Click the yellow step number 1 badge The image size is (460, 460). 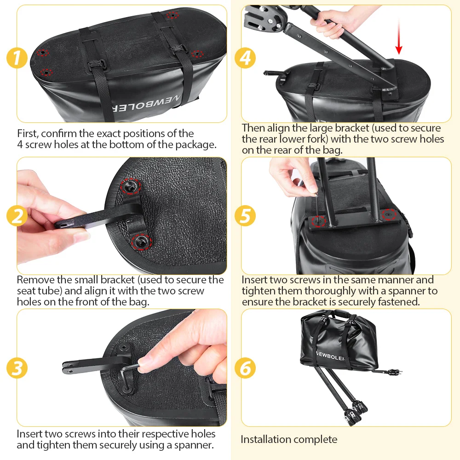(x=17, y=58)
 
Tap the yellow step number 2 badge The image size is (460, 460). (x=17, y=216)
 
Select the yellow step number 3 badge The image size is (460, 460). (x=17, y=368)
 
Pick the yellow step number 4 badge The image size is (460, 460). (x=245, y=58)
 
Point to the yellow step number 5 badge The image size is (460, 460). (x=245, y=216)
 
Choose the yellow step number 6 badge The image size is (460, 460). (x=245, y=368)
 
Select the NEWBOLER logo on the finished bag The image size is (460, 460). (x=330, y=356)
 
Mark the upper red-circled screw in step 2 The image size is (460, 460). (x=131, y=186)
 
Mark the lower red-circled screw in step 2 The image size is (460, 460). (x=141, y=242)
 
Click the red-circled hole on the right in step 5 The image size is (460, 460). (x=389, y=214)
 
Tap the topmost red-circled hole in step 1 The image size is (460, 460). (x=172, y=15)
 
